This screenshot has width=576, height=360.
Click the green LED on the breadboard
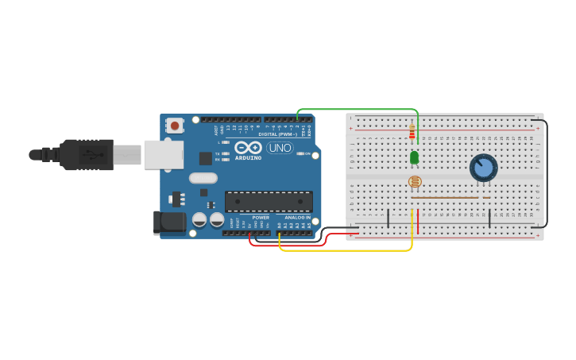coord(414,157)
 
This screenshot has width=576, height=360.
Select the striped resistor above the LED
coord(412,132)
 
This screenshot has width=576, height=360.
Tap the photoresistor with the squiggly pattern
coord(415,182)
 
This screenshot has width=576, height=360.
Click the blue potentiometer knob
coord(483,168)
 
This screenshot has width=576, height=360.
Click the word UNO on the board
coord(280,148)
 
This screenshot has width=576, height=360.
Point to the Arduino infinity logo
coord(248,148)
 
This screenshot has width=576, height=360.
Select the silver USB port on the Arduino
coord(163,154)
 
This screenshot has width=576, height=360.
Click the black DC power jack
coord(169,223)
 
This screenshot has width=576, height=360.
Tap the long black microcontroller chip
coord(269,201)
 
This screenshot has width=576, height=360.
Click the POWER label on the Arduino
coord(261,217)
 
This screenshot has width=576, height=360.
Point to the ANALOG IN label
coord(298,217)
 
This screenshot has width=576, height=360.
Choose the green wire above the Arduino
coord(358,109)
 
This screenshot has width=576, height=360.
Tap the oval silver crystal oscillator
coord(203,178)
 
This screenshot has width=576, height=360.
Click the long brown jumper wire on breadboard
coord(445,197)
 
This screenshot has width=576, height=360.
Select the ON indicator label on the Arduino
coord(306,153)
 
